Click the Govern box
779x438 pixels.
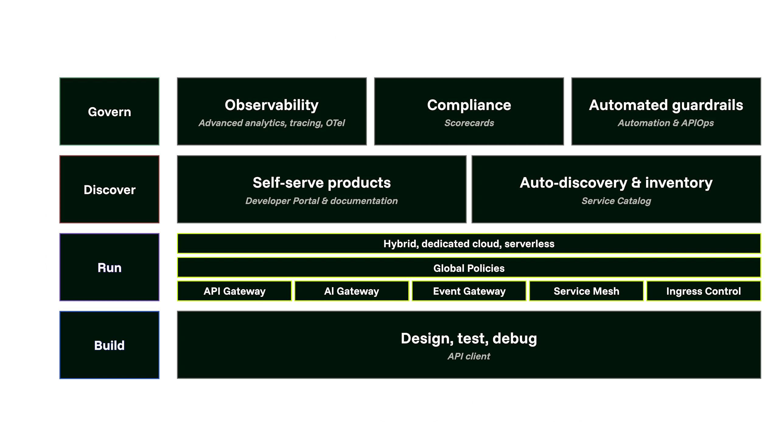point(110,111)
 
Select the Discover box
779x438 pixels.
point(110,189)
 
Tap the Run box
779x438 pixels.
point(110,267)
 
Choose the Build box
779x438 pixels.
point(110,345)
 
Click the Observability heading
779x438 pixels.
point(271,105)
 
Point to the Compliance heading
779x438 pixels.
point(469,105)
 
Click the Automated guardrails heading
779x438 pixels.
point(666,105)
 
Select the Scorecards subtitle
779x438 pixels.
point(469,123)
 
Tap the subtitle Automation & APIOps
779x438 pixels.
point(666,123)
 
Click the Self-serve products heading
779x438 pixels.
point(322,183)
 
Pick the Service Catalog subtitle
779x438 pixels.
point(616,201)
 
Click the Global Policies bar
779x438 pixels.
point(469,268)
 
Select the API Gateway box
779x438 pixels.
point(234,291)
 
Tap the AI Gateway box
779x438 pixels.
point(351,291)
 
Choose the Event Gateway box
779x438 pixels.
point(469,291)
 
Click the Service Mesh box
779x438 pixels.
point(586,291)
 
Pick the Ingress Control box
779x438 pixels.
point(704,291)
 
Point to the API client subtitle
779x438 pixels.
point(469,356)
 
